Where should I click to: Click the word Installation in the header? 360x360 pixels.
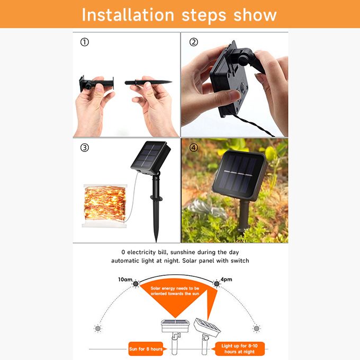(128, 15)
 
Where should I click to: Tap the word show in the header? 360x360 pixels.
(255, 15)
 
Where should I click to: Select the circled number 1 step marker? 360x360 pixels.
(85, 42)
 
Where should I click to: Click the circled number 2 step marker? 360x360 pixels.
(194, 42)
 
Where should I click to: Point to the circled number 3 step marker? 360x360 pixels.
(85, 148)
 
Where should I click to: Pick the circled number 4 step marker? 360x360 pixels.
(194, 148)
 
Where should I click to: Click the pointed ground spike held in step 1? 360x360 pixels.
(148, 82)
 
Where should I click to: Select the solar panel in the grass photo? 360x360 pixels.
(239, 176)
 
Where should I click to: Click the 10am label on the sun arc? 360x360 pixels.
(125, 280)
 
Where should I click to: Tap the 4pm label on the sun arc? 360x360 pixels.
(226, 280)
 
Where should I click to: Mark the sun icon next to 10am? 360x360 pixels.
(136, 284)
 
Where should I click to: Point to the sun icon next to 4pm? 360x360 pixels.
(217, 284)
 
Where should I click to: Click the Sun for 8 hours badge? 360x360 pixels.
(146, 349)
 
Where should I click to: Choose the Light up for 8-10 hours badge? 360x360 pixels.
(239, 349)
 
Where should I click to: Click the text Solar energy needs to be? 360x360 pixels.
(175, 288)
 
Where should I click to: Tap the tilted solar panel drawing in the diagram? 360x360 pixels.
(206, 327)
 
